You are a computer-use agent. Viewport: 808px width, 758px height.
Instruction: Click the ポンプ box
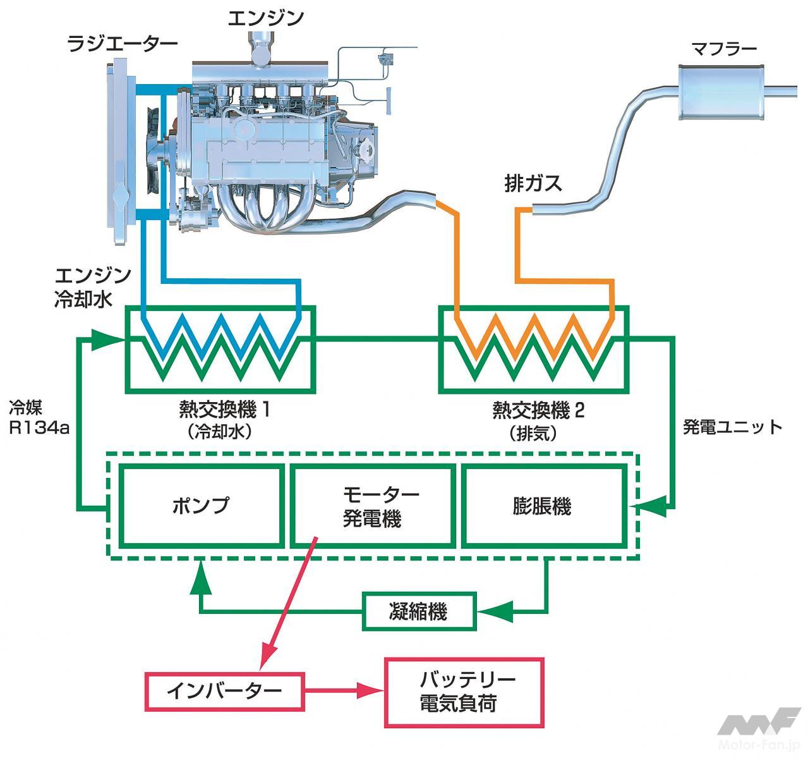[x=201, y=506]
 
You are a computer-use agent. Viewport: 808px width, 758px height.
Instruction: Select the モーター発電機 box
[x=372, y=506]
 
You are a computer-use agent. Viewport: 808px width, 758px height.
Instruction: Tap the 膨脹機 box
[x=541, y=506]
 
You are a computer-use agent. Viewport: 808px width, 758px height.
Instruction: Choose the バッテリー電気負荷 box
[x=464, y=692]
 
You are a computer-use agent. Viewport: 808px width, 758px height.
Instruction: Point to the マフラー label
[x=724, y=49]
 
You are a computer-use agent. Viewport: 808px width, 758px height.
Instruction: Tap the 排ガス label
[x=533, y=183]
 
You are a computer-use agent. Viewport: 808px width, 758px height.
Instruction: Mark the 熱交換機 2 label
[x=538, y=411]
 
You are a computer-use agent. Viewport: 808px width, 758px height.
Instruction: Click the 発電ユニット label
[x=733, y=427]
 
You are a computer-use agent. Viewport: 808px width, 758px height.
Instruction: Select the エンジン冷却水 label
[x=92, y=286]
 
